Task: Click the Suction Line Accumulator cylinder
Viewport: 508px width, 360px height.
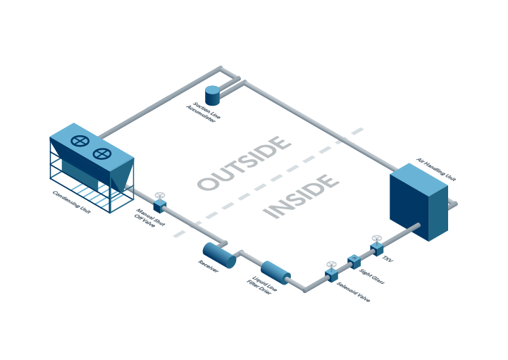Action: point(213,96)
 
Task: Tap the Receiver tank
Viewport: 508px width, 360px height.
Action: point(219,255)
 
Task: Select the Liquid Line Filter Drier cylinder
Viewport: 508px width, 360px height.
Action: point(275,273)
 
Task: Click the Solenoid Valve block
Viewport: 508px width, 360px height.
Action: point(331,275)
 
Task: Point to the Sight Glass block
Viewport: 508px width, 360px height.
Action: point(354,262)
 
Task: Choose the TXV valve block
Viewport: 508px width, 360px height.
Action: point(377,249)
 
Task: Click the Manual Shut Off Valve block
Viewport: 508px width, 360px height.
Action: point(160,206)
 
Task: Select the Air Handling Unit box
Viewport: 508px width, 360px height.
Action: point(419,202)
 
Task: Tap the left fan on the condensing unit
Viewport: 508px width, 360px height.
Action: point(80,142)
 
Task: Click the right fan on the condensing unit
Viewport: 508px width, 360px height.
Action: point(102,154)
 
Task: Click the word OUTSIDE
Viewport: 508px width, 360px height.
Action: point(244,163)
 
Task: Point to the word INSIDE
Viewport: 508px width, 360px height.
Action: point(302,196)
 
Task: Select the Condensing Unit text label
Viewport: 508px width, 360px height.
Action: point(72,202)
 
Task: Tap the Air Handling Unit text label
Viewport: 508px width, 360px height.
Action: point(436,170)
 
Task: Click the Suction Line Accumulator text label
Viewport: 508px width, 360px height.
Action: point(203,112)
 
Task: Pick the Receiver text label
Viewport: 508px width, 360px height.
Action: point(209,266)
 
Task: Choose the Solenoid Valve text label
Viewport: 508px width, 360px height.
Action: point(354,292)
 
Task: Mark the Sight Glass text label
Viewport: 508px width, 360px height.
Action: point(372,277)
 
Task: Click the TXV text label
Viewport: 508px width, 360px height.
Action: point(388,259)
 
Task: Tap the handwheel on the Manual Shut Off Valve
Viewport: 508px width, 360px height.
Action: point(160,195)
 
